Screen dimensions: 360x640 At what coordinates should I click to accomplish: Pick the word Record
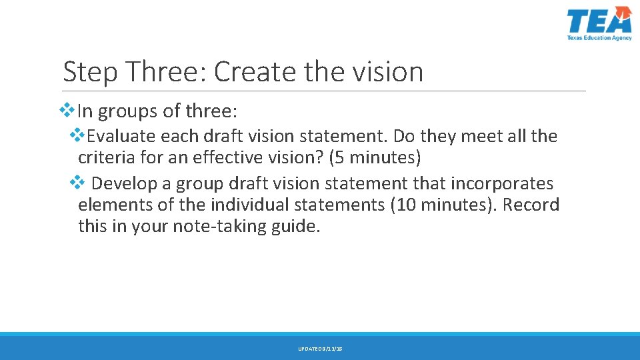tap(531, 205)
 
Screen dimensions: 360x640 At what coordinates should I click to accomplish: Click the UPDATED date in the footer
tap(320, 349)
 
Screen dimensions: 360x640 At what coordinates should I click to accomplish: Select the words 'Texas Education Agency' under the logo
tap(599, 38)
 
